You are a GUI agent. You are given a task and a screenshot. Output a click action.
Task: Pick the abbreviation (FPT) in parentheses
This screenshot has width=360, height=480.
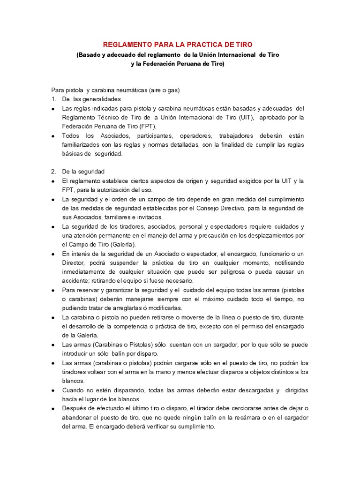click(x=149, y=126)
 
